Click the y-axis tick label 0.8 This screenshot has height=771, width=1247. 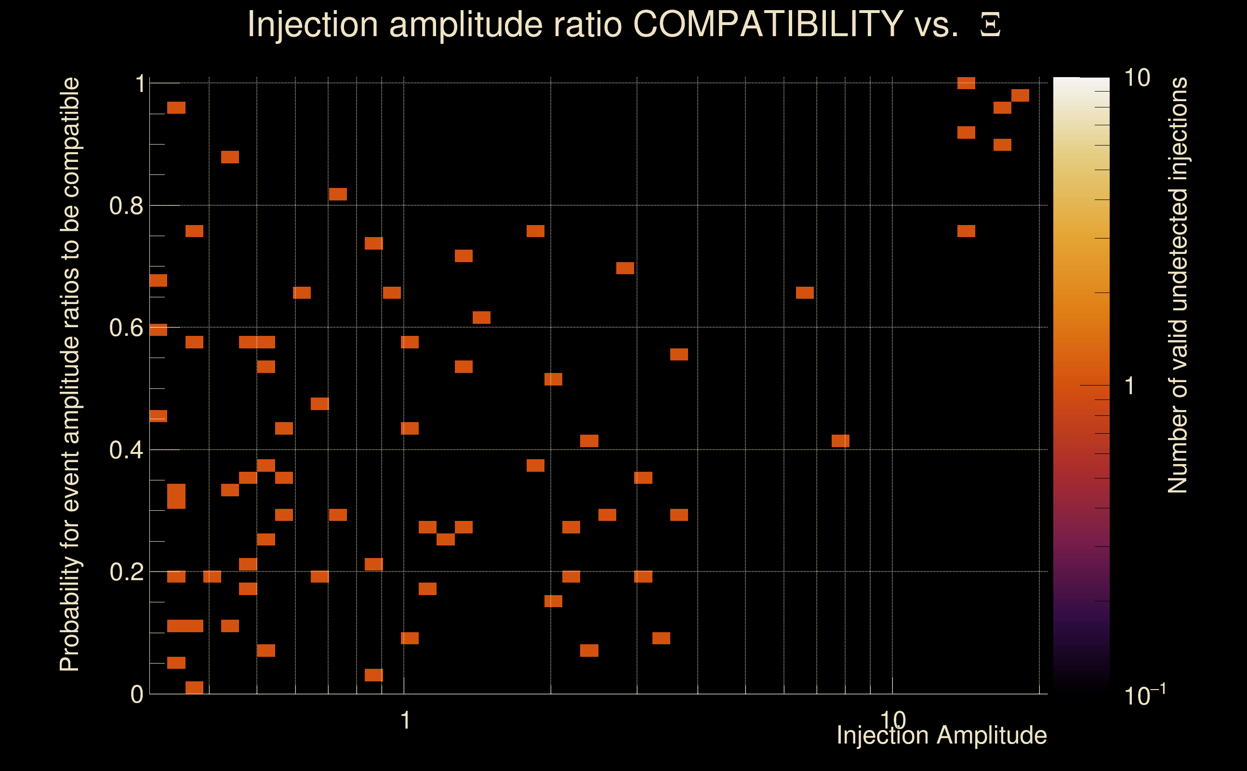click(126, 206)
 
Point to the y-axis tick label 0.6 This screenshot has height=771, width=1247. click(126, 328)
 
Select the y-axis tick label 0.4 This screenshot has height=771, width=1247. click(126, 450)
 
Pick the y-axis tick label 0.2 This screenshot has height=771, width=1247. click(126, 572)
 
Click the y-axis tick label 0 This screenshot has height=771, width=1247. click(137, 694)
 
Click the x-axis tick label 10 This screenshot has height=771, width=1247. click(893, 720)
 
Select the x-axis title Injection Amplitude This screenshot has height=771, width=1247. click(942, 735)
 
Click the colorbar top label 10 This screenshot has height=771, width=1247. click(1137, 79)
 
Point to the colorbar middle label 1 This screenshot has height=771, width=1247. click(1130, 386)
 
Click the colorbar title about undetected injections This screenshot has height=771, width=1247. click(1178, 286)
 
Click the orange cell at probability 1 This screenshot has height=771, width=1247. click(966, 83)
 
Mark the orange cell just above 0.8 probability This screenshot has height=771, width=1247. click(338, 194)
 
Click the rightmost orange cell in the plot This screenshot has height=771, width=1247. click(1020, 95)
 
